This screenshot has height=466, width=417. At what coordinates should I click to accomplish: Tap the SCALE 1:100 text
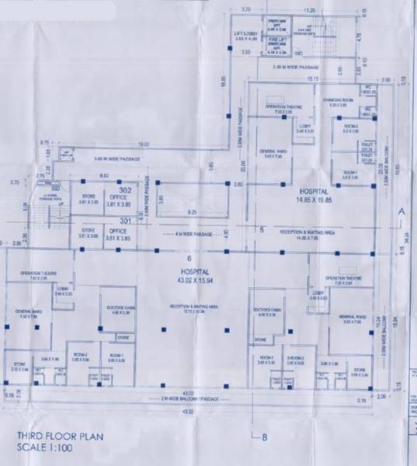pyautogui.click(x=46, y=447)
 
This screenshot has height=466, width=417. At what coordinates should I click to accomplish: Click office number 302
pyautogui.click(x=124, y=189)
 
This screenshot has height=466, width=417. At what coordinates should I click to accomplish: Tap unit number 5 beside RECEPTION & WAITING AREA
pyautogui.click(x=262, y=230)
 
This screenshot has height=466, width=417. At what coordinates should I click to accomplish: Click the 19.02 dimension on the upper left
pyautogui.click(x=144, y=144)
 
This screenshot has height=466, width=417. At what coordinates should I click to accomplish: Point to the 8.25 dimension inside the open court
pyautogui.click(x=191, y=211)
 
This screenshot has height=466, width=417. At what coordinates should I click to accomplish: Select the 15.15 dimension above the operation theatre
pyautogui.click(x=312, y=79)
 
